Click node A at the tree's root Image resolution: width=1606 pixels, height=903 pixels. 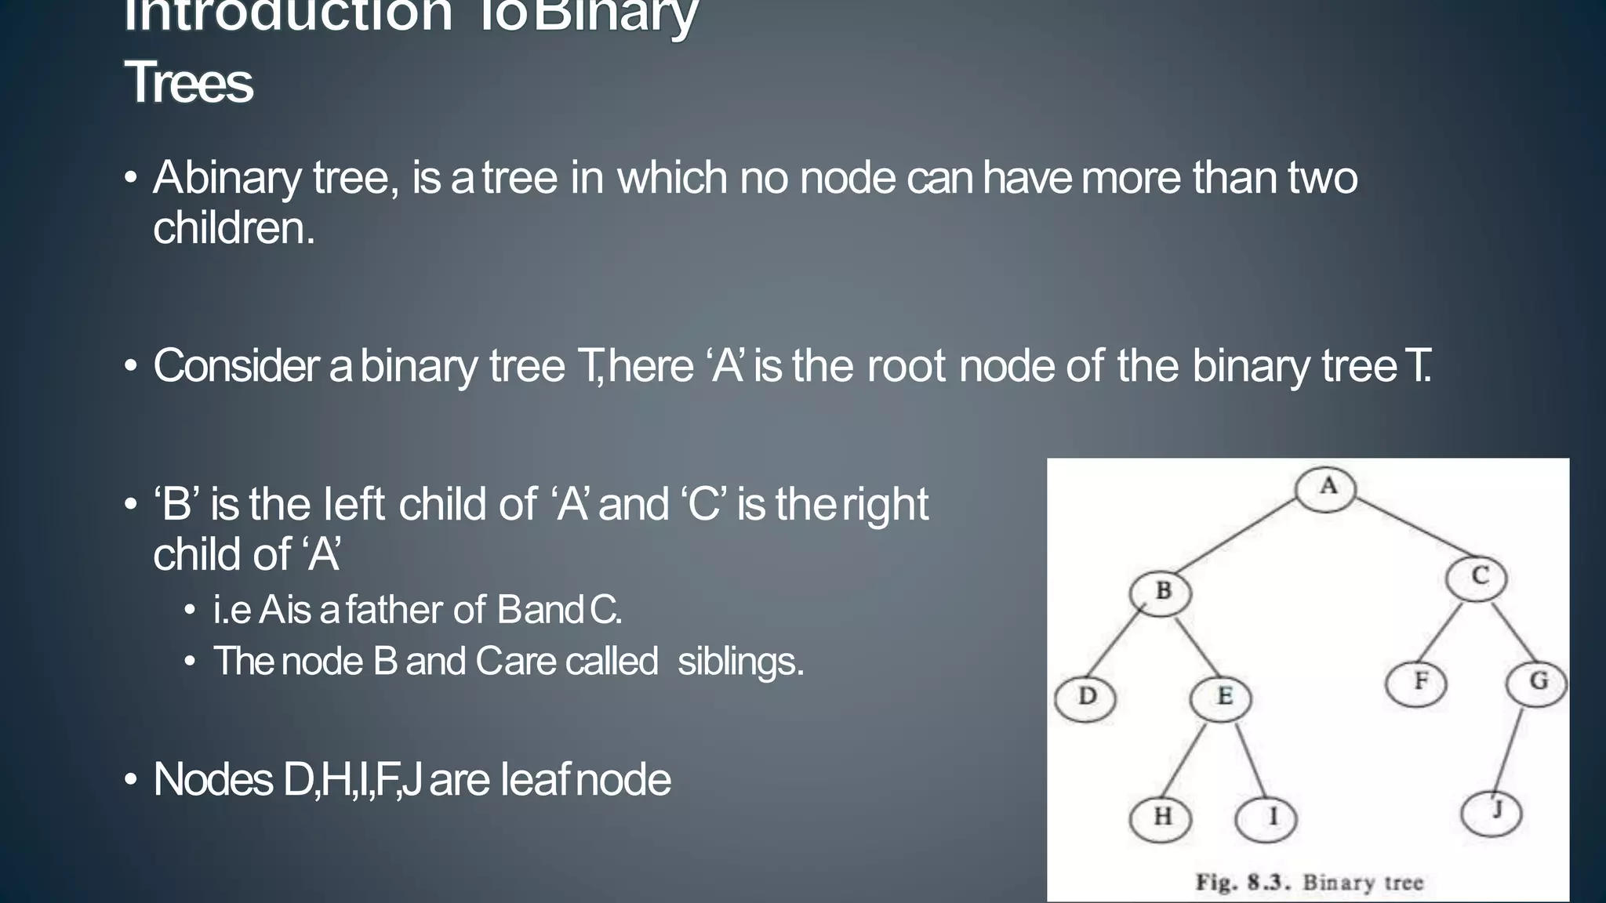1325,488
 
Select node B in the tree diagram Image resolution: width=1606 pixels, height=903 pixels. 1161,592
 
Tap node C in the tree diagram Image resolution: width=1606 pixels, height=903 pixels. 1477,578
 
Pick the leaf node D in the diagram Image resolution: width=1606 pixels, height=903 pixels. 1085,698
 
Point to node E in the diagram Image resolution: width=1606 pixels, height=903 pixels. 1221,698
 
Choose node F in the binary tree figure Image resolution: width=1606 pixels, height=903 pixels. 1416,683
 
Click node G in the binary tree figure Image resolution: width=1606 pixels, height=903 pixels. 1536,683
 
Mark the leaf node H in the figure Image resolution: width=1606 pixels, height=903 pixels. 1161,818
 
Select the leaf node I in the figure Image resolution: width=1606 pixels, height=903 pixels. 1266,818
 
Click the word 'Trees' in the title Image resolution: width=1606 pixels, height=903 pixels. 189,82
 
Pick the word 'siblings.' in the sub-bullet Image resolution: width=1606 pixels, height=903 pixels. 741,661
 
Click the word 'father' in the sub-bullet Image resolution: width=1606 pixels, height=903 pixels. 415,610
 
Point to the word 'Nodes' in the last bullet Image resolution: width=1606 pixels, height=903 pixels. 213,780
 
